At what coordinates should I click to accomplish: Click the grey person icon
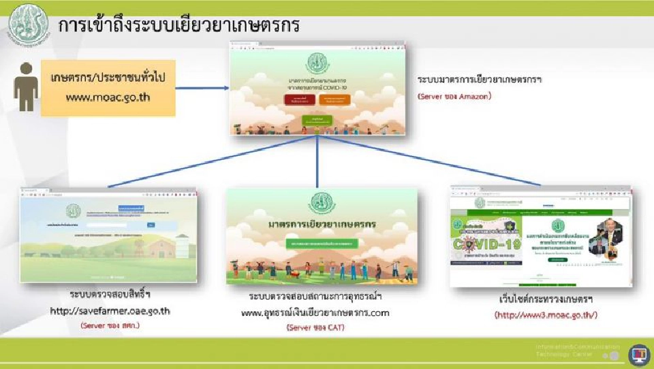26,86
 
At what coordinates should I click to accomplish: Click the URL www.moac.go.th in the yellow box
108,97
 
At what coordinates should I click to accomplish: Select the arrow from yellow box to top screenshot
202,88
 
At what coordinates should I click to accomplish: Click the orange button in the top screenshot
334,100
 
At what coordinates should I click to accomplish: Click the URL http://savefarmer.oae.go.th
110,311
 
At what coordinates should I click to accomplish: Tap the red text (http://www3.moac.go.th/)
540,315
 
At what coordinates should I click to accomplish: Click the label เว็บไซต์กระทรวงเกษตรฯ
540,300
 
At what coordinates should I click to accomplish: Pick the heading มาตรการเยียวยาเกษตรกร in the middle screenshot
322,225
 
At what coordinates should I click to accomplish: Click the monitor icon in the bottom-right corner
638,354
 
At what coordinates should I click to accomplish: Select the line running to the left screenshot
211,161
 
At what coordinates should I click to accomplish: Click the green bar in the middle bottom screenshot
322,242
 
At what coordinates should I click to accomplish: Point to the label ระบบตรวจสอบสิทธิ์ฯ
110,295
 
